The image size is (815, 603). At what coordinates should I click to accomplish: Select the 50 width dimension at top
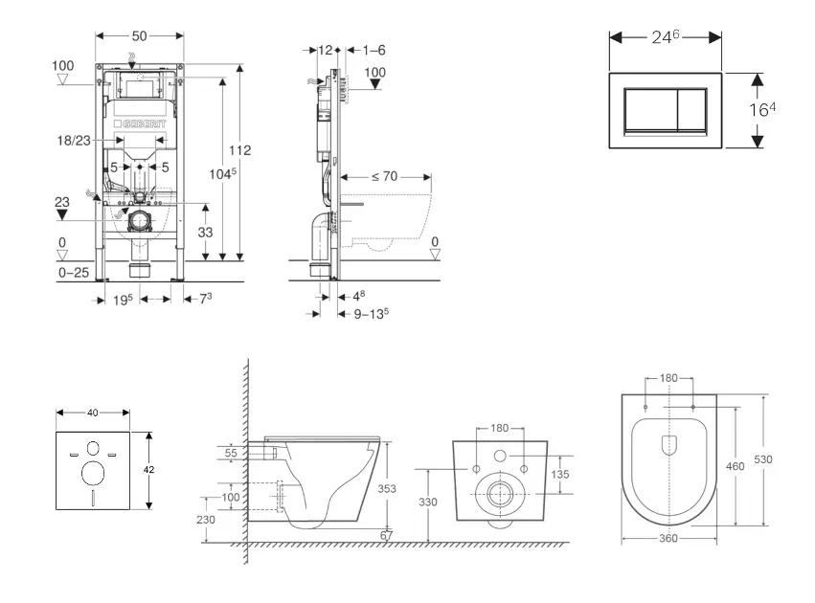[x=139, y=35]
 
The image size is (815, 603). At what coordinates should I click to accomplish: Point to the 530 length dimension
[x=762, y=459]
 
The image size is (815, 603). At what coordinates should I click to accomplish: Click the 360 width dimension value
[x=668, y=539]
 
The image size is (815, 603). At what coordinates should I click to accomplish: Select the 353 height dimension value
[x=386, y=488]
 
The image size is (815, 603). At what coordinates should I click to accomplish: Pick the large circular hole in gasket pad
[x=94, y=473]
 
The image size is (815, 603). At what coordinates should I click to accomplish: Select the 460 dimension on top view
[x=735, y=466]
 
